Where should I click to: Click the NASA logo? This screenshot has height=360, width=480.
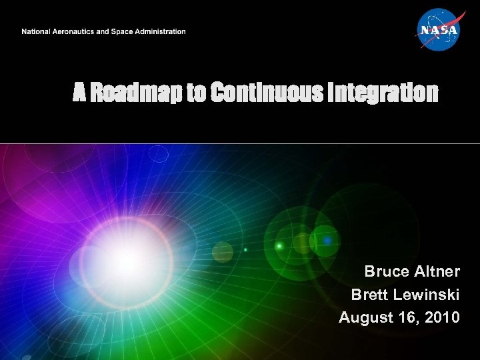438,30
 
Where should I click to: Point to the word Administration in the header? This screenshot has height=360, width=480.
163,31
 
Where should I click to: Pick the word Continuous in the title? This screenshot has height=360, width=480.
263,93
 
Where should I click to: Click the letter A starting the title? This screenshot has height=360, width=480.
79,93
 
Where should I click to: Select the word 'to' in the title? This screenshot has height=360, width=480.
196,93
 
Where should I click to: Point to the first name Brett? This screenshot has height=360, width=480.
369,295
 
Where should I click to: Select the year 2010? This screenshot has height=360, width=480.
441,317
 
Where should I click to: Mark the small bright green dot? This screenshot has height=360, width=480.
279,246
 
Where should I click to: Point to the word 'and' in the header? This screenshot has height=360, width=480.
107,31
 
